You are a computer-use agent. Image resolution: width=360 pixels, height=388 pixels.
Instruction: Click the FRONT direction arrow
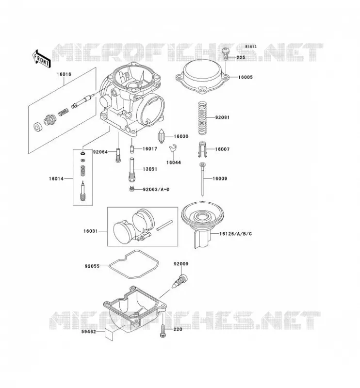(42, 59)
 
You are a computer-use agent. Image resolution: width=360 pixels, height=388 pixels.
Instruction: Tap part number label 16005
(245, 77)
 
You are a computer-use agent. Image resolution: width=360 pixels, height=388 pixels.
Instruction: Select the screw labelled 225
(226, 53)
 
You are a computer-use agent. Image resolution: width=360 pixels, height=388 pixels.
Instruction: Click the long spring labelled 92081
(202, 118)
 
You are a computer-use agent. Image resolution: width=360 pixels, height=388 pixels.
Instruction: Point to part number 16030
(181, 136)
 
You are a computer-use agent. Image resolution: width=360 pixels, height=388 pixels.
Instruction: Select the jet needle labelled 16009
(202, 179)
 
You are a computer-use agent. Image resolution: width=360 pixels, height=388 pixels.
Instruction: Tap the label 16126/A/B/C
(235, 234)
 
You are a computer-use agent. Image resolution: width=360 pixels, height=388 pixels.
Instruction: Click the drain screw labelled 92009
(180, 281)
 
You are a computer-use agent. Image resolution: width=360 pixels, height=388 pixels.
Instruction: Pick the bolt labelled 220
(163, 331)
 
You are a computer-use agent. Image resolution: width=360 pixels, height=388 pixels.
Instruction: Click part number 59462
(88, 332)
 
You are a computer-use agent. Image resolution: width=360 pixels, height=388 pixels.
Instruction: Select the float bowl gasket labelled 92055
(134, 264)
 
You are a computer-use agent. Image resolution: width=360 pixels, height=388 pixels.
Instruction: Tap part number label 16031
(90, 231)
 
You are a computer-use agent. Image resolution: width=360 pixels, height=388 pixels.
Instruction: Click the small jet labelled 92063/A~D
(132, 189)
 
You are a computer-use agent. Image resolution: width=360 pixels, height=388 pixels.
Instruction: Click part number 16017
(150, 149)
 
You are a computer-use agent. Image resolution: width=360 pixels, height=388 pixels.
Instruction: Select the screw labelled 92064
(118, 155)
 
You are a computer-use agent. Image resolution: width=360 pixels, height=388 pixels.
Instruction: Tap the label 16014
(56, 178)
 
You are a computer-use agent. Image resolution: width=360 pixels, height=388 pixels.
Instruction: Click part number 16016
(64, 74)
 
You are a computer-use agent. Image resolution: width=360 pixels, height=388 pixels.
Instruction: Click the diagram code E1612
(251, 47)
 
